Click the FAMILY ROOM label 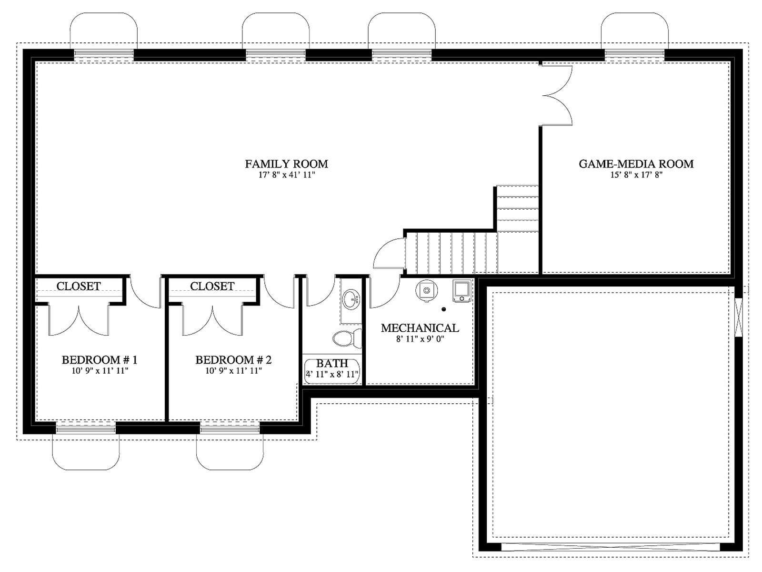(x=286, y=163)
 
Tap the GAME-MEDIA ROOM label (x=636, y=163)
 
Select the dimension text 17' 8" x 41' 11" (x=286, y=174)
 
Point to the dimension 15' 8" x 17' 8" (x=636, y=174)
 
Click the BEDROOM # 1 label (x=100, y=360)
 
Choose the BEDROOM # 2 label (x=233, y=360)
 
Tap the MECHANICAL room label (x=420, y=328)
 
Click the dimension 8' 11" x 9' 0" (x=420, y=339)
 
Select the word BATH (x=332, y=363)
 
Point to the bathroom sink (x=351, y=299)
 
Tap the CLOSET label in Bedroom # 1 (x=79, y=286)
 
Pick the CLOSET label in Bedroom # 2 (x=212, y=286)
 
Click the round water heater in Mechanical (x=426, y=290)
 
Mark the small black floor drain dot (x=443, y=309)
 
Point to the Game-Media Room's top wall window (x=634, y=55)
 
